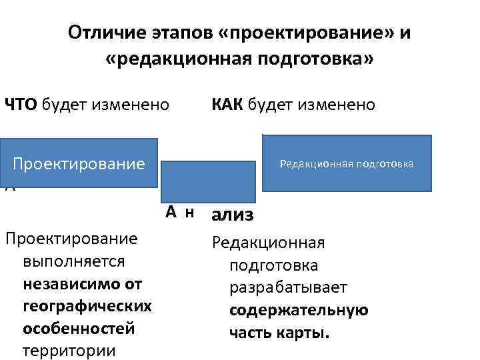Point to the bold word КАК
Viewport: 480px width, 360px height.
(x=228, y=105)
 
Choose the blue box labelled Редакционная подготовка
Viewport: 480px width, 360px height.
(x=347, y=163)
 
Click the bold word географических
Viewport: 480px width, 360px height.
(x=87, y=307)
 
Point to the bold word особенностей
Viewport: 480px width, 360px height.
(x=78, y=329)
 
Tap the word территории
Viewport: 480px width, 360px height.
(x=69, y=351)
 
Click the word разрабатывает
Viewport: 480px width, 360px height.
(x=288, y=288)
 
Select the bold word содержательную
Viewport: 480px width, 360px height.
(x=299, y=311)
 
